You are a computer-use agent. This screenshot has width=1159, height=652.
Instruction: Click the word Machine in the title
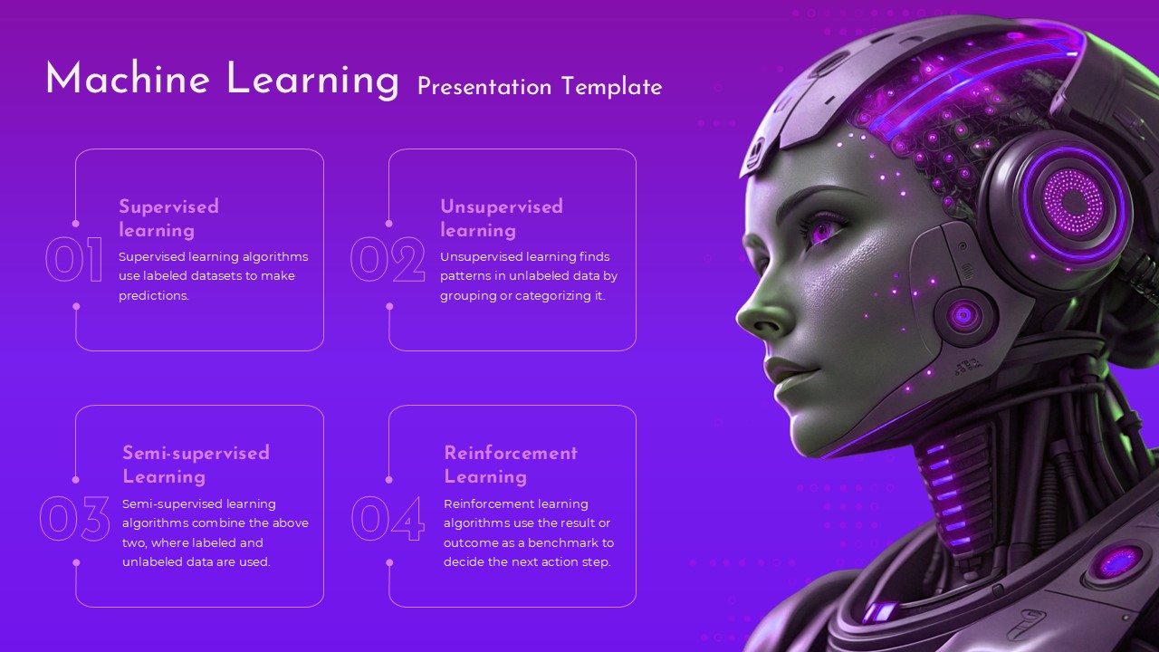coord(128,80)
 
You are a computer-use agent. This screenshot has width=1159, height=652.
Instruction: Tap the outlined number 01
coord(74,260)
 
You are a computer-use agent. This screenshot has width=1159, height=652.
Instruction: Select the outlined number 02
coord(388,260)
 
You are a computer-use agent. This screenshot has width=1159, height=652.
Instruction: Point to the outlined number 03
coord(74,520)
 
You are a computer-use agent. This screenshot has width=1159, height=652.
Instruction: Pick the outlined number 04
coord(388,520)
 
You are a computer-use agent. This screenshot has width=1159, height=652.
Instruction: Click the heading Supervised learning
coord(169,218)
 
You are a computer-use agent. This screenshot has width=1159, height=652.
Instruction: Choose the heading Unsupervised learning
coord(502,218)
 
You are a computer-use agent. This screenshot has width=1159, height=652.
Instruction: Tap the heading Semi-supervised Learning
coord(196,465)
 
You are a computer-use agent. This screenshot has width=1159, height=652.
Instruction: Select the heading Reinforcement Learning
coord(511,465)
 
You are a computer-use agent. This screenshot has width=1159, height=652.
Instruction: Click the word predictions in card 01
coord(153,296)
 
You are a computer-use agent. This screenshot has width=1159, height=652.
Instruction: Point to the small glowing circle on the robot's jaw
coord(963,315)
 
